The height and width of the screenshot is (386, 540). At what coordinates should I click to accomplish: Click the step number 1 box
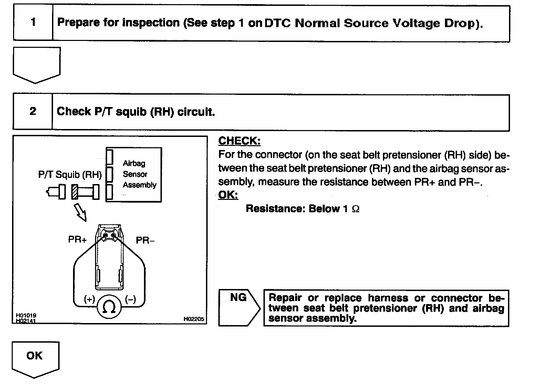click(x=33, y=22)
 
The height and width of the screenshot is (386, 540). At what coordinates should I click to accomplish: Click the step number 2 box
click(x=33, y=111)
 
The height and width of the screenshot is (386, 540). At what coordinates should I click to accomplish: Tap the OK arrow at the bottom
click(x=35, y=358)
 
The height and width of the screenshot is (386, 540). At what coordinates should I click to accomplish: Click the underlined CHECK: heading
click(x=239, y=141)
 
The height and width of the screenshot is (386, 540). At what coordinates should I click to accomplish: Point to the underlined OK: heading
click(x=228, y=195)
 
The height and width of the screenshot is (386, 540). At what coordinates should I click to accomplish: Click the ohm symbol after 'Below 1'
click(x=356, y=209)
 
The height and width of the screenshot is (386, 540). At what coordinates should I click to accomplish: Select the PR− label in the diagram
click(x=145, y=240)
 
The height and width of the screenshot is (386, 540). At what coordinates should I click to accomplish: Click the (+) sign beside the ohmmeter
click(x=90, y=299)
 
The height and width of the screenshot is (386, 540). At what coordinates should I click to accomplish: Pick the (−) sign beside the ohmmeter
click(x=131, y=299)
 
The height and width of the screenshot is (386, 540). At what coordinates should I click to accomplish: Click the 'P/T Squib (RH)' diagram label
click(x=70, y=175)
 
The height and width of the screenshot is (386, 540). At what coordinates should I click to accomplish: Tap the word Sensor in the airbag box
click(x=135, y=174)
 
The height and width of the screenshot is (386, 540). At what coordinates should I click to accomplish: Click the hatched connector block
click(x=75, y=192)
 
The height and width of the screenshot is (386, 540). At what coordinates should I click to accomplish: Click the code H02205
click(x=194, y=319)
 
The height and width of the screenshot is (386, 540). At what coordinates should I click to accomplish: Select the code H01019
click(x=26, y=315)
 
